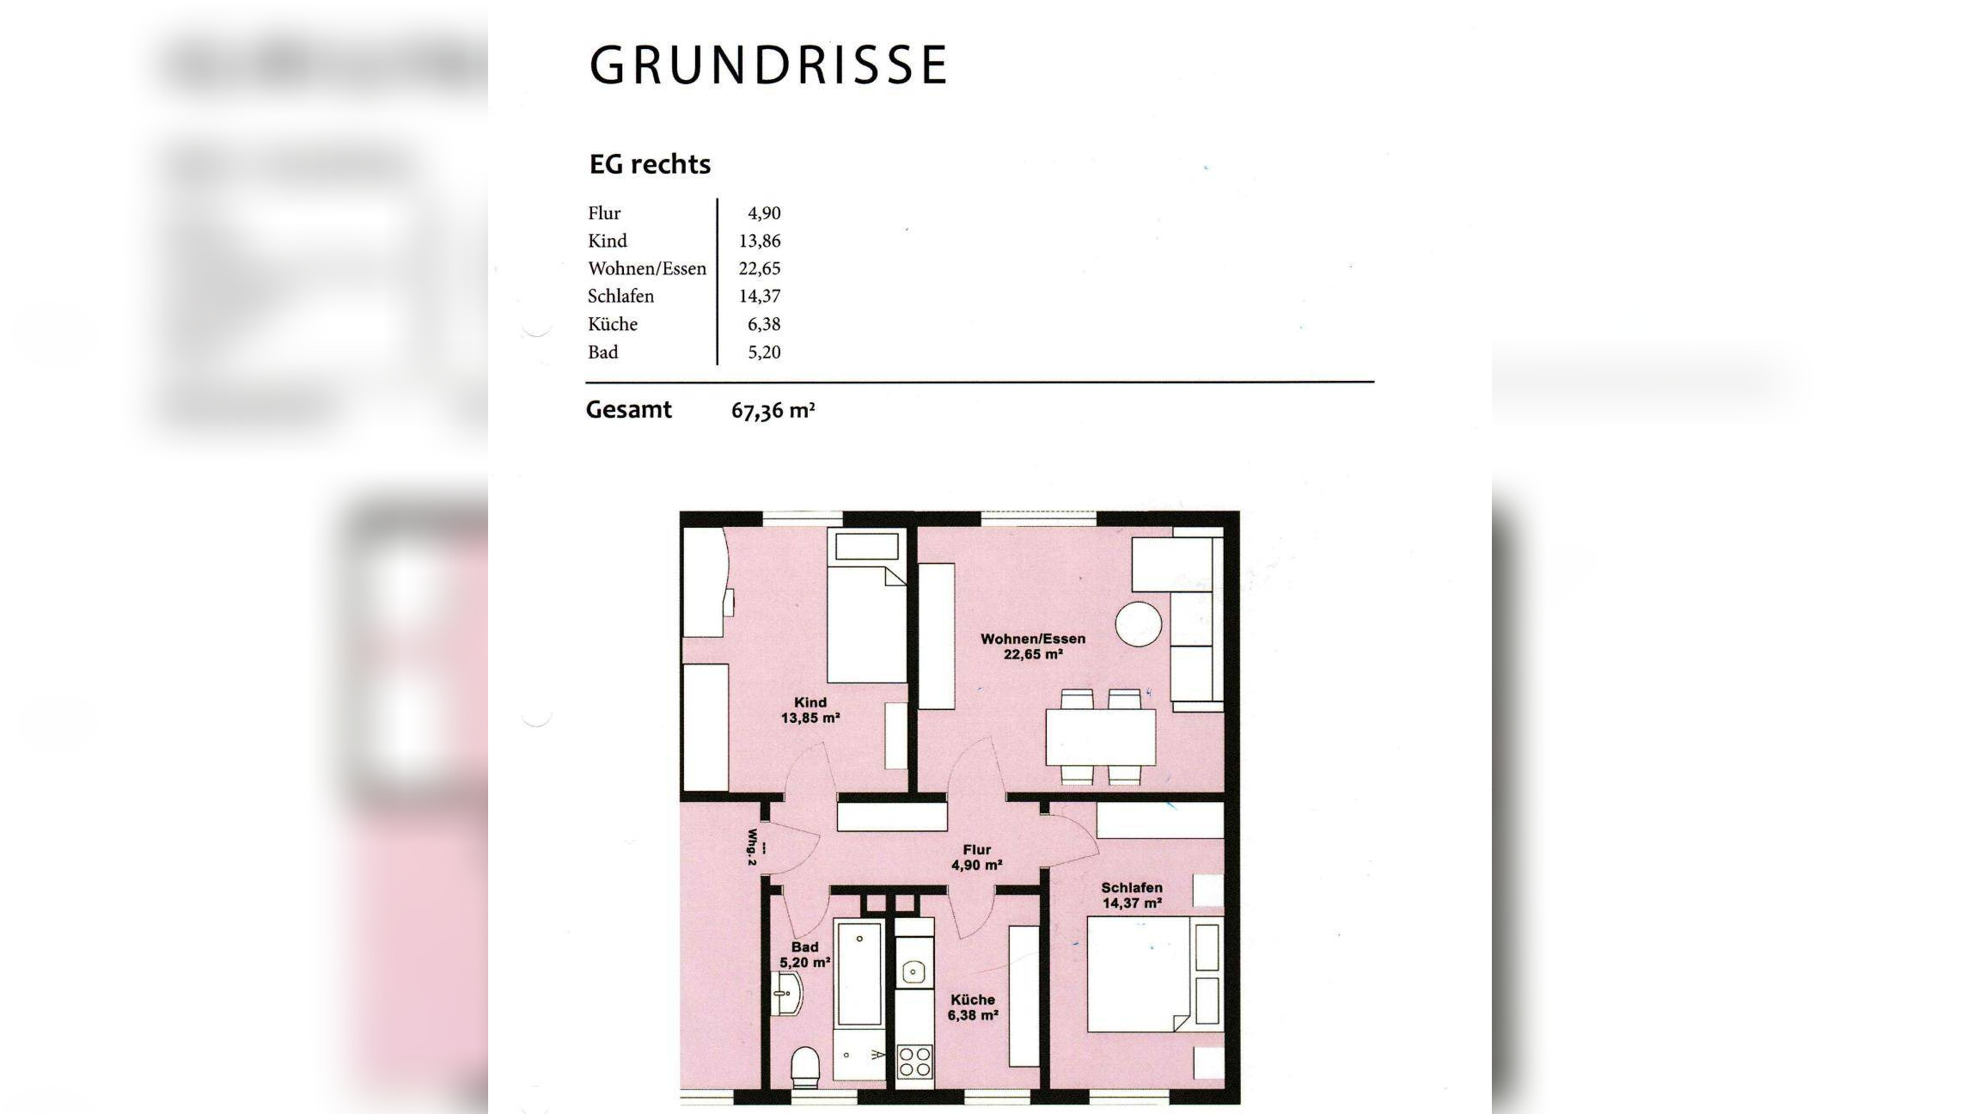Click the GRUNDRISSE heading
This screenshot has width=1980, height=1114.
(x=767, y=65)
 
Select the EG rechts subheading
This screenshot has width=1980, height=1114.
(x=650, y=164)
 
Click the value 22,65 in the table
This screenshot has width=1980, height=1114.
(x=759, y=268)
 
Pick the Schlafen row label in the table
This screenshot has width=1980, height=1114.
(x=620, y=297)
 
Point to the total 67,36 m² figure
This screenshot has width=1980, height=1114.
(x=772, y=411)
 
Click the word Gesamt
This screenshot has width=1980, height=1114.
(x=628, y=410)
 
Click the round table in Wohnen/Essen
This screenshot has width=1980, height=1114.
(x=1139, y=624)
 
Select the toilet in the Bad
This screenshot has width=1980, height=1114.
(x=805, y=1066)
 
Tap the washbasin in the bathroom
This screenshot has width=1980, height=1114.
(x=788, y=995)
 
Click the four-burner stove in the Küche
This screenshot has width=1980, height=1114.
(x=914, y=1062)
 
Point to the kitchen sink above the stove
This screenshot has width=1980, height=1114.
(x=913, y=972)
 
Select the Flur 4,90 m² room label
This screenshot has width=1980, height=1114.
(x=976, y=857)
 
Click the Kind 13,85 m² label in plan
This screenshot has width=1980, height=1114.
(x=810, y=710)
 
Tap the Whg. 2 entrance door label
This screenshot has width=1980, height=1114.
(x=753, y=847)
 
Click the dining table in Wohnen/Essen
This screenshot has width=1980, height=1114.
(x=1100, y=737)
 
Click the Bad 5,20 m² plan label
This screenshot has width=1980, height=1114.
(x=804, y=955)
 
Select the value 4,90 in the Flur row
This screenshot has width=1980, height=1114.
(x=763, y=213)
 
